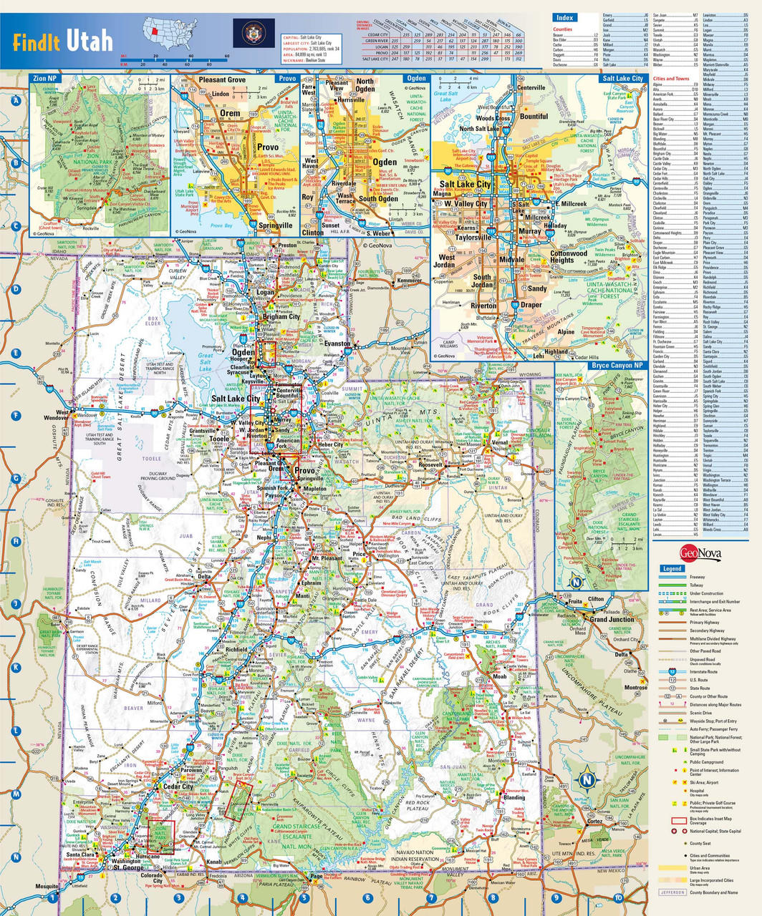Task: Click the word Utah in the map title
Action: click(90, 40)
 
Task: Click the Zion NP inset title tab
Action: click(45, 78)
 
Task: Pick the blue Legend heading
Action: click(673, 568)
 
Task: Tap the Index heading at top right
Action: click(564, 17)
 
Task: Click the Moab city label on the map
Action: click(498, 676)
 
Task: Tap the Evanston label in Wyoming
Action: click(337, 343)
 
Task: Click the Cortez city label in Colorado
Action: click(594, 822)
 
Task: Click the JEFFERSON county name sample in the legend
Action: click(672, 892)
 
